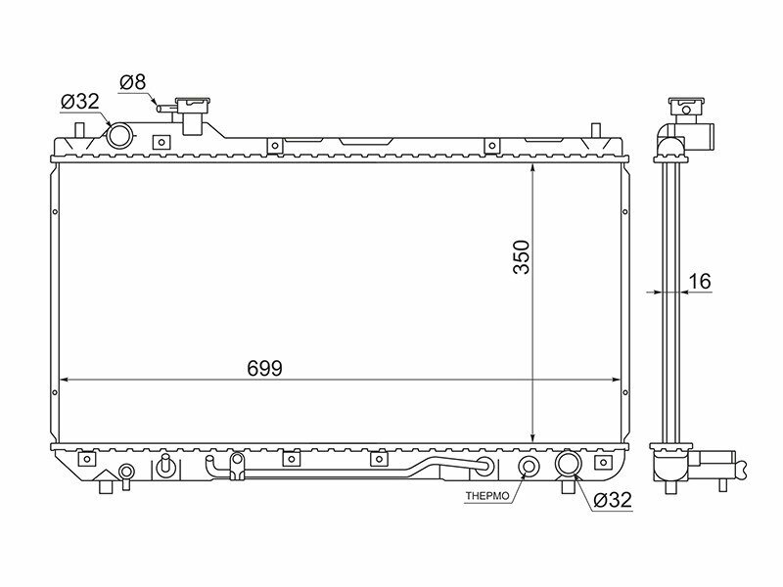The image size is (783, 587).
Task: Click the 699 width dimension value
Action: (264, 369)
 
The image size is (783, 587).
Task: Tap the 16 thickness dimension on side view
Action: (699, 282)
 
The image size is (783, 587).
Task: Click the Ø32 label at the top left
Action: (80, 102)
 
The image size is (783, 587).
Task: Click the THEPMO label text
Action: (487, 497)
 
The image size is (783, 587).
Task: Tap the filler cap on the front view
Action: (191, 104)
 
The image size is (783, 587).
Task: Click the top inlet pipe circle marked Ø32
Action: (119, 135)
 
